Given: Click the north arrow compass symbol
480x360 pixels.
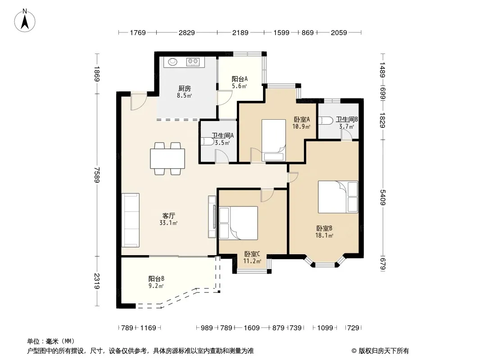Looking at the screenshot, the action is (25, 21).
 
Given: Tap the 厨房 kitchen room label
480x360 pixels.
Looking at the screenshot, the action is (185, 88).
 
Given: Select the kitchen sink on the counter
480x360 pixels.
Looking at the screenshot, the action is (172, 62).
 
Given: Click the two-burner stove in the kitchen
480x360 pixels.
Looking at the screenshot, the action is (193, 62).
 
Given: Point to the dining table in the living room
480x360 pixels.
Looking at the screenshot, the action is (168, 158).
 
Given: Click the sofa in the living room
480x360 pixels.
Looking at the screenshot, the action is (131, 220).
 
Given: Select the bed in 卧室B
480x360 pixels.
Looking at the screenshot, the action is (338, 197).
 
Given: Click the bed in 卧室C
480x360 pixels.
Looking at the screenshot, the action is (239, 223).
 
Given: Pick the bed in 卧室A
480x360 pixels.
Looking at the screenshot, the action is (274, 140).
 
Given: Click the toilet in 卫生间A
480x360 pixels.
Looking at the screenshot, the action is (208, 142).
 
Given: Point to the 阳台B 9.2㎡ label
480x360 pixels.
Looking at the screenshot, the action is (156, 282).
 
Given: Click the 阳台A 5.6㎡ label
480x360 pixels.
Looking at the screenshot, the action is (240, 82).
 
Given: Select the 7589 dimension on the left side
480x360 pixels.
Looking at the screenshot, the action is (97, 175).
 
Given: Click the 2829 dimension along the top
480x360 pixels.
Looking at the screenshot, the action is (187, 32).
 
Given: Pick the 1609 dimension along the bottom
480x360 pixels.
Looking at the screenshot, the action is (252, 328).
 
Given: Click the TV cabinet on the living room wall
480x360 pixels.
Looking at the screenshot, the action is (212, 216).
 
